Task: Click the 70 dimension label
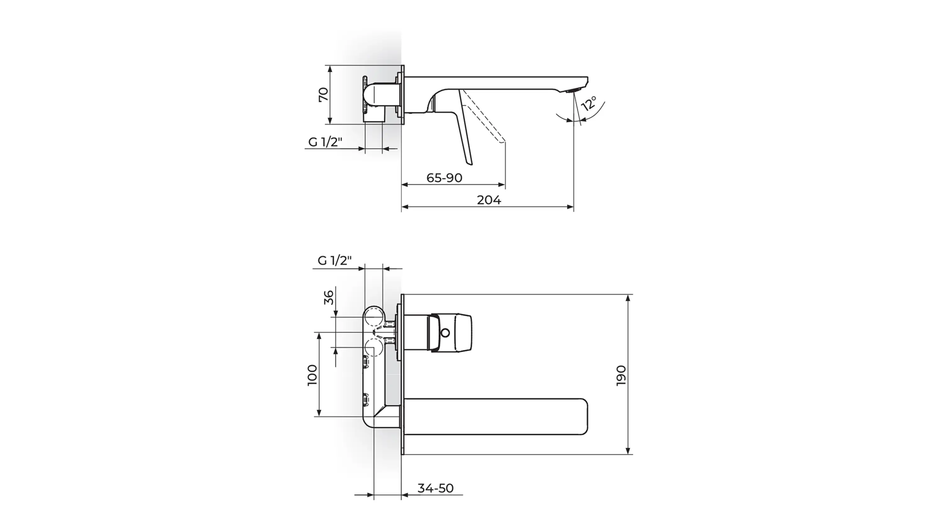324,95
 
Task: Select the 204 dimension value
489,200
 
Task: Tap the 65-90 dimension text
444,178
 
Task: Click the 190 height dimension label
621,375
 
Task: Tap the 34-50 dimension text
436,488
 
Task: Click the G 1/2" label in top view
325,142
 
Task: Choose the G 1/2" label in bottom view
334,260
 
